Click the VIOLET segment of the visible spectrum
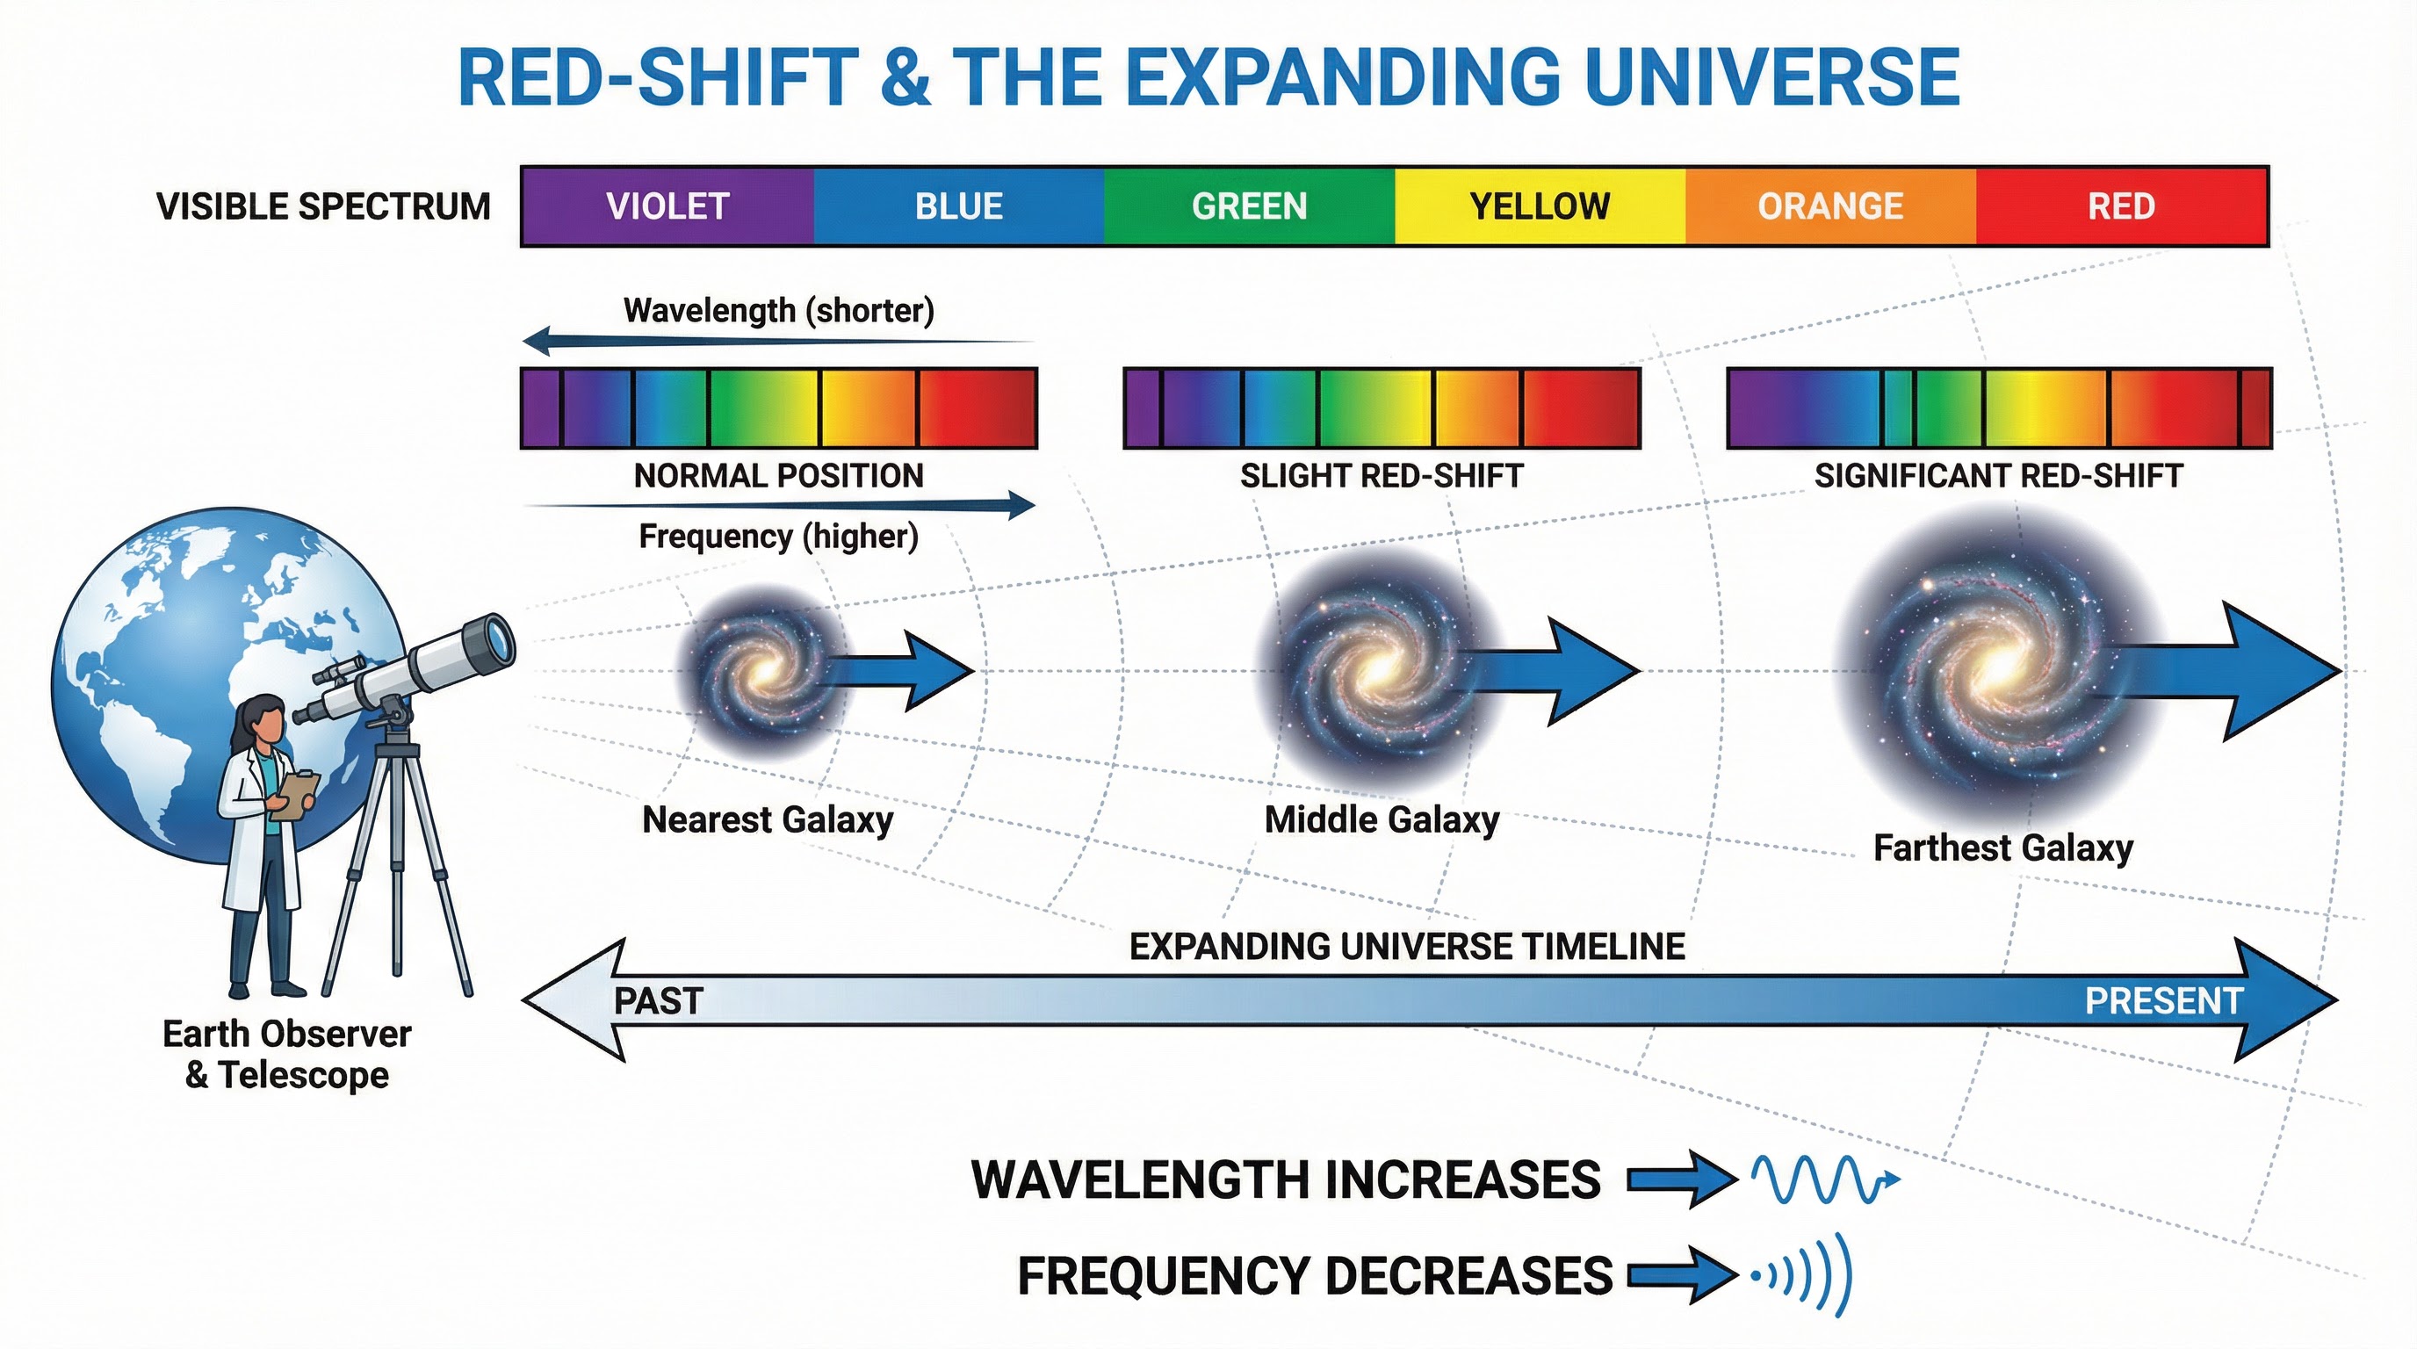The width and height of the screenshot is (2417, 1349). (667, 206)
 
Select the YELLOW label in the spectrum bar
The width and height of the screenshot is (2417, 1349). (1539, 206)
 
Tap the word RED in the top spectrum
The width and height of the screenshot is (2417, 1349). (2120, 206)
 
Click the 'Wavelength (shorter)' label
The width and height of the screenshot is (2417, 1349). (779, 311)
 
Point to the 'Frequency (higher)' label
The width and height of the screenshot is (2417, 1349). (778, 537)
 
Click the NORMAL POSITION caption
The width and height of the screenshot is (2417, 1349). (778, 476)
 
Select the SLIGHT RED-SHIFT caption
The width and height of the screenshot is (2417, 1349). (1382, 476)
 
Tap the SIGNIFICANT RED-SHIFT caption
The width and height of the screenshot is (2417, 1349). (1999, 476)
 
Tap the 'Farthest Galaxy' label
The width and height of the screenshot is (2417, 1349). (2002, 848)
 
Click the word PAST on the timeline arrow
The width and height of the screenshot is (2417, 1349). (658, 1001)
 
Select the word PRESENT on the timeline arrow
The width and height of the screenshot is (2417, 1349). (2162, 1001)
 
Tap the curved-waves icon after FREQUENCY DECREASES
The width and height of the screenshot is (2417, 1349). (1807, 1275)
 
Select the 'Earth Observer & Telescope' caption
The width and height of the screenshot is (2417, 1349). (286, 1054)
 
